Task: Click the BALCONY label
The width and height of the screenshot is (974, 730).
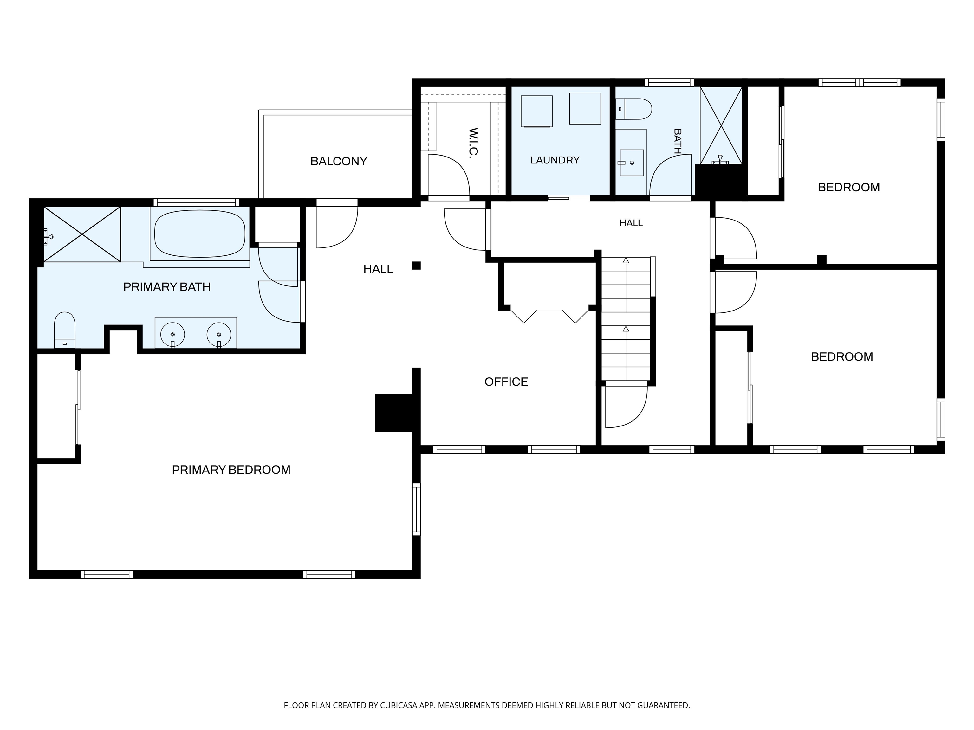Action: pos(339,162)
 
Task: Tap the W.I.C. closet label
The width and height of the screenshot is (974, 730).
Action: pos(473,143)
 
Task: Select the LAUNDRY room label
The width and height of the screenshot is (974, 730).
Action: pos(555,160)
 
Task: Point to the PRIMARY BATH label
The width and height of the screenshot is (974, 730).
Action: pos(167,287)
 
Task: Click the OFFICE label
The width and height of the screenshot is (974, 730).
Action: pos(506,381)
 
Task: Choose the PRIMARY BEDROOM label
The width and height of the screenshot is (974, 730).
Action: pos(231,470)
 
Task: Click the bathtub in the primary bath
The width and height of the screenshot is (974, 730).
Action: pos(200,233)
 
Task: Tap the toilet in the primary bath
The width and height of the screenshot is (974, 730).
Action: pos(65,330)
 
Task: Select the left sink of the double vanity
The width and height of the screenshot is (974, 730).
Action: pos(172,334)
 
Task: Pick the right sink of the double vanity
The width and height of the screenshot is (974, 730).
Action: pos(219,334)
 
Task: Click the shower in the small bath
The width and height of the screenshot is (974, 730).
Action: pos(721,125)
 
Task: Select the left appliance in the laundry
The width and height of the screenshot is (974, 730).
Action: pos(537,111)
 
